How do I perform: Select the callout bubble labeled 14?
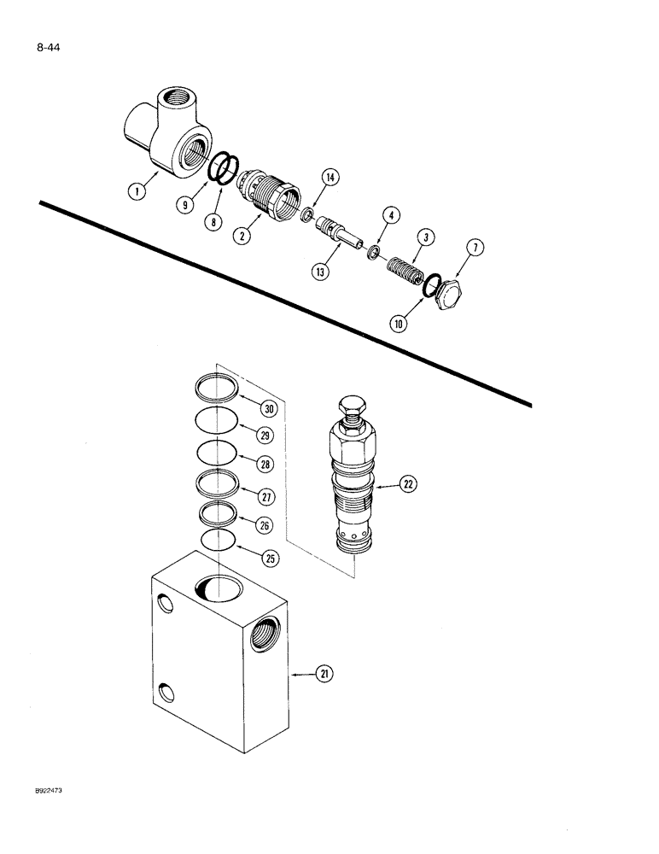[329, 178]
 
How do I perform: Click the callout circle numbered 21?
[324, 674]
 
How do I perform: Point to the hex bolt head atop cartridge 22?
[352, 408]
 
